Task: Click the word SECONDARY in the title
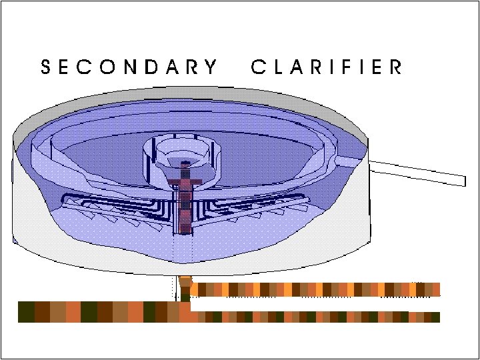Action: (x=129, y=67)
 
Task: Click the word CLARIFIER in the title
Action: (x=327, y=67)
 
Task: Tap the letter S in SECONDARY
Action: (x=46, y=67)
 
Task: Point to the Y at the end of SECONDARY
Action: (x=211, y=67)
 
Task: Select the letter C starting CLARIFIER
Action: (x=258, y=67)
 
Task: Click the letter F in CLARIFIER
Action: (x=343, y=67)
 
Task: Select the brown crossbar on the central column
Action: (x=185, y=181)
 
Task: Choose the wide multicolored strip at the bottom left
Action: (x=100, y=312)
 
